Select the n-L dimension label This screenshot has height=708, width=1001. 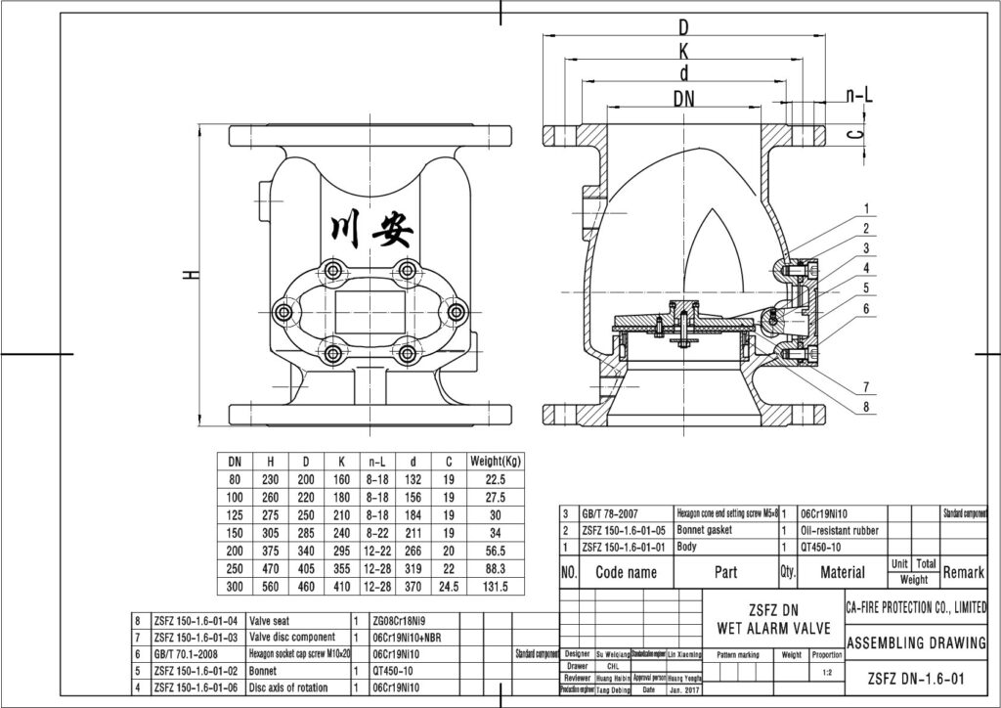[859, 95]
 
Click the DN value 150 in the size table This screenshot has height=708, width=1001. [235, 533]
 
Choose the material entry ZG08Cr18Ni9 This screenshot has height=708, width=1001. [401, 621]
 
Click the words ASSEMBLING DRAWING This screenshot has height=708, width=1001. [915, 642]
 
